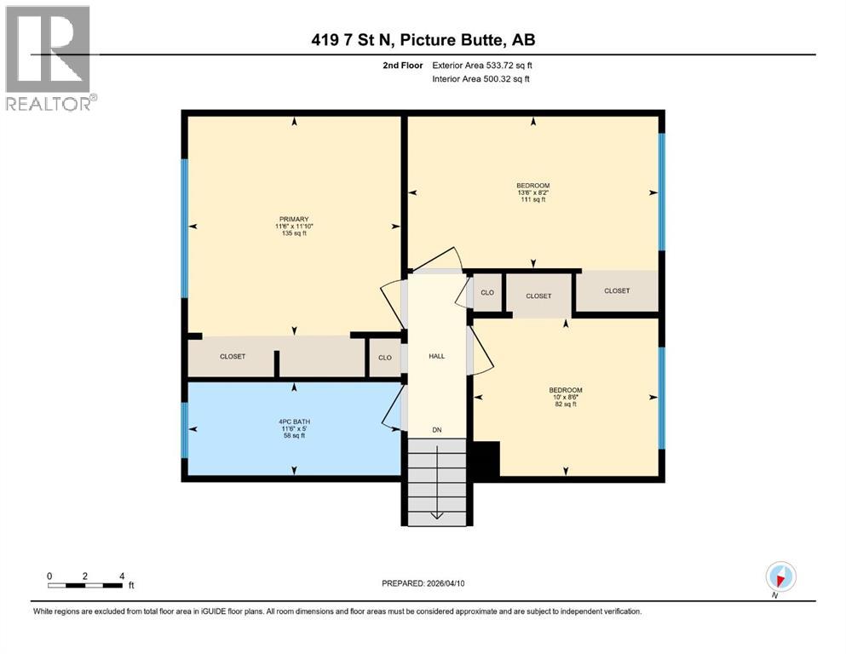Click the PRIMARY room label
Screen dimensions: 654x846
[x=292, y=219]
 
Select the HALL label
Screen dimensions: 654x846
[x=436, y=357]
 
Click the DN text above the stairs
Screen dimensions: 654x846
[x=436, y=429]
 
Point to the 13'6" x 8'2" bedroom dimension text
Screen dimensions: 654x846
[x=532, y=192]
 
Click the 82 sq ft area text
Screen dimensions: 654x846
[x=565, y=404]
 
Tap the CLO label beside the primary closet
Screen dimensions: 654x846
[x=384, y=358]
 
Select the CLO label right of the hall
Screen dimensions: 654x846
[x=487, y=292]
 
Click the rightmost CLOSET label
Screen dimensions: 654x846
[x=617, y=291]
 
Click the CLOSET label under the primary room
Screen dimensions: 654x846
[x=233, y=357]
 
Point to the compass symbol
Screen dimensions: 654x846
[x=780, y=577]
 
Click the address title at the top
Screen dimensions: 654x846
[x=423, y=40]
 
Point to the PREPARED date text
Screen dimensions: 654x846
[x=423, y=583]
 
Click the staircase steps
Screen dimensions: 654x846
[x=435, y=481]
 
